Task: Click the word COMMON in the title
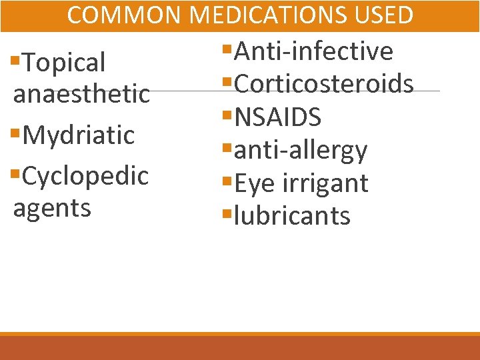tap(123, 15)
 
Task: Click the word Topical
tap(64, 63)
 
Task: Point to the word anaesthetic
tap(81, 94)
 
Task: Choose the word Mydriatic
tap(78, 135)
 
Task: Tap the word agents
tap(52, 209)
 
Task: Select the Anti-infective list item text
tap(314, 51)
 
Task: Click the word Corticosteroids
tap(324, 84)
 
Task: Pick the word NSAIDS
tap(278, 117)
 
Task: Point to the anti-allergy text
tap(301, 151)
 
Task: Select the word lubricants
tap(293, 215)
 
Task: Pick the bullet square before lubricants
tap(228, 215)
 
